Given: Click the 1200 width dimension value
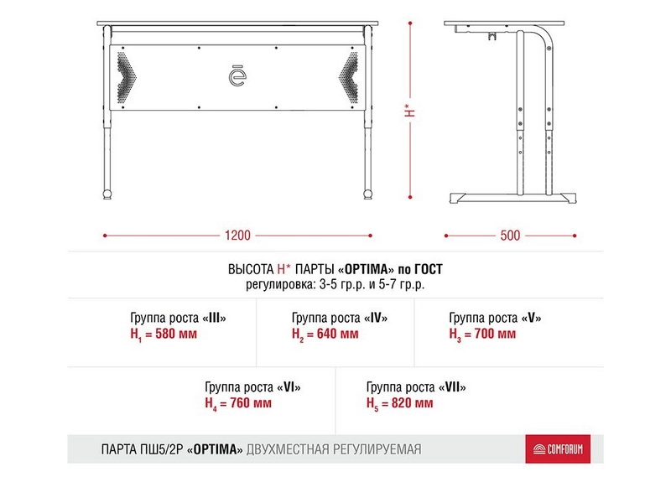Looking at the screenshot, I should tap(237, 236).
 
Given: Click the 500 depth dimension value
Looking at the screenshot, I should tap(510, 236).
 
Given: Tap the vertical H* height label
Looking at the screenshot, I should tap(408, 111).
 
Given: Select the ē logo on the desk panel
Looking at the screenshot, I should tap(237, 75).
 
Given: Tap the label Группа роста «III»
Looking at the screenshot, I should tap(179, 319).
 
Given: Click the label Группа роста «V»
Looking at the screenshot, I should tap(495, 319).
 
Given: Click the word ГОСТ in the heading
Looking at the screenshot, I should tap(427, 270).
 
